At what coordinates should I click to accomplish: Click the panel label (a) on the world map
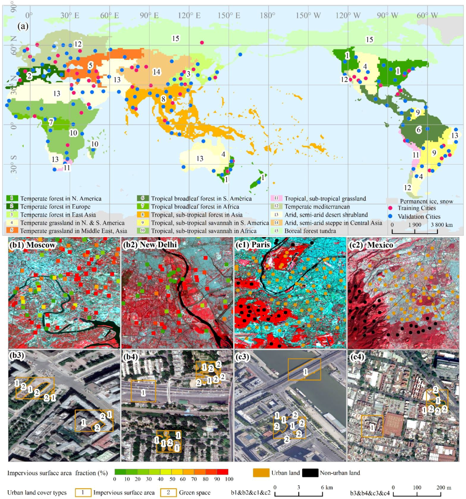(x=23, y=26)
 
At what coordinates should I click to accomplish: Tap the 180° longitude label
(x=268, y=16)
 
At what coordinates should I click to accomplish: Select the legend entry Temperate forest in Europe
(x=55, y=207)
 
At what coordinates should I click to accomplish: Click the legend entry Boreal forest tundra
(x=310, y=231)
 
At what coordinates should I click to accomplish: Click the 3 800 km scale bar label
(x=442, y=225)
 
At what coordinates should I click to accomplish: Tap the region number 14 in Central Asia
(x=156, y=72)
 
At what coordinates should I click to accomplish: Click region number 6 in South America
(x=418, y=130)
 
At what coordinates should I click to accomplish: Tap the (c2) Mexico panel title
(x=371, y=245)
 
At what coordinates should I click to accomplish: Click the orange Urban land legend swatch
(x=261, y=473)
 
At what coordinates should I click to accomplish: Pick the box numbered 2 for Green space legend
(x=168, y=493)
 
